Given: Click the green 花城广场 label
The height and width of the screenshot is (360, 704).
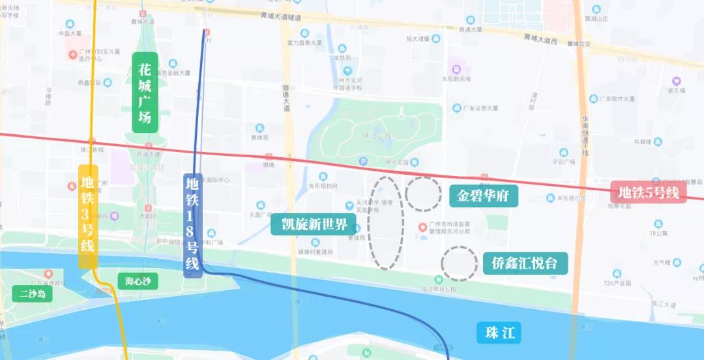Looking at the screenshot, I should [x=145, y=92].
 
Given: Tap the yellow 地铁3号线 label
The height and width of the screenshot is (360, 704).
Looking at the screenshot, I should [x=88, y=217].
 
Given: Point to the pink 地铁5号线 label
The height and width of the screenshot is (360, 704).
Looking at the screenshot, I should [x=649, y=193].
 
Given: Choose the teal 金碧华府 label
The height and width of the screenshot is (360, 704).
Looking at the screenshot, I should [x=483, y=195].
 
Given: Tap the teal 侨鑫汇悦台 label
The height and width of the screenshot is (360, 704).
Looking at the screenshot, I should [x=525, y=263].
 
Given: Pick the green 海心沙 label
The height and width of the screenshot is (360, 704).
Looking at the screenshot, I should [x=138, y=281].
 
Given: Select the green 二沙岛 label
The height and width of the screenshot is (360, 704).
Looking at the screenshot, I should [x=33, y=293].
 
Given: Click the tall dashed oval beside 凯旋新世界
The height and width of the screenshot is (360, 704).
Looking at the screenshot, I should [x=385, y=222].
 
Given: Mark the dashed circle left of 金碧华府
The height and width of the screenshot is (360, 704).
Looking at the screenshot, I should [x=423, y=194].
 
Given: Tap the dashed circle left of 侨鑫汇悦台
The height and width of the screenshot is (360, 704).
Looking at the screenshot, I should [x=459, y=263].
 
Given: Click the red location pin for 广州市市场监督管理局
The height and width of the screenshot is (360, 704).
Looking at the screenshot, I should [x=422, y=227].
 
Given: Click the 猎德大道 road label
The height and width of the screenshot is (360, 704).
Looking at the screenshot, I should [x=286, y=98].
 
